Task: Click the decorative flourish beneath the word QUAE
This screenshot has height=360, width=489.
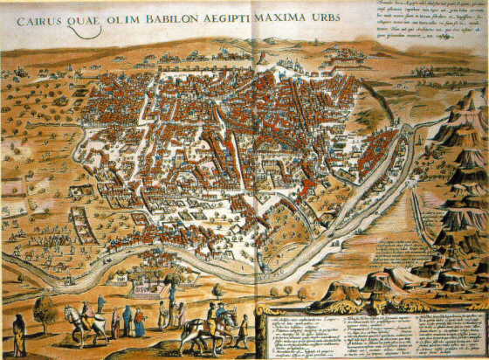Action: click(84, 32)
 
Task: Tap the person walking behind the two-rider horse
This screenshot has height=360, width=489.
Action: click(243, 330)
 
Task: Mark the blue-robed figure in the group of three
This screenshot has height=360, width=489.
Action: click(127, 319)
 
